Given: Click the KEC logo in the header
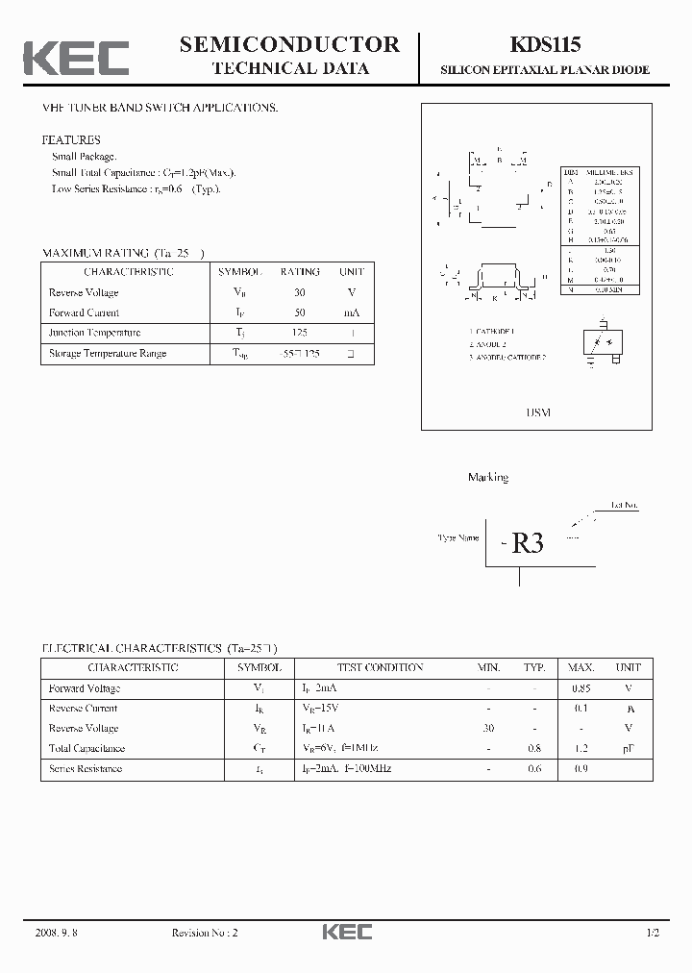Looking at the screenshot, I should (76, 57).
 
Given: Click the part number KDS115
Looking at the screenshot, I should (544, 43).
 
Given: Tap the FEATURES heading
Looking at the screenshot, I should (71, 140).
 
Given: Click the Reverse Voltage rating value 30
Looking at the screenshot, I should (300, 292).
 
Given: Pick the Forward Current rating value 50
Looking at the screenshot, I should (300, 312).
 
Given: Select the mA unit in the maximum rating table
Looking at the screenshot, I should (351, 312).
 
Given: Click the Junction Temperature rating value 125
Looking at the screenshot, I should (300, 333).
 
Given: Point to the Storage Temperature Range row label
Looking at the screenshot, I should (108, 353).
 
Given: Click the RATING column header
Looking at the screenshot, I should (300, 272).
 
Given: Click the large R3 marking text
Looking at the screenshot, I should (527, 543).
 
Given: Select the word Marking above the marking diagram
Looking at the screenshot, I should (488, 477).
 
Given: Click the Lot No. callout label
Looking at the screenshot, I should (624, 504).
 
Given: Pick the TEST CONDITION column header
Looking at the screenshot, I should (380, 667).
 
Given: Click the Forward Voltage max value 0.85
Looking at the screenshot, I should (581, 688).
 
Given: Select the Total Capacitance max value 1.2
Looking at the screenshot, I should (581, 748).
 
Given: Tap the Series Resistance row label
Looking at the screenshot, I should (86, 768).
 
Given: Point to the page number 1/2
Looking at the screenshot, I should (653, 933).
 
